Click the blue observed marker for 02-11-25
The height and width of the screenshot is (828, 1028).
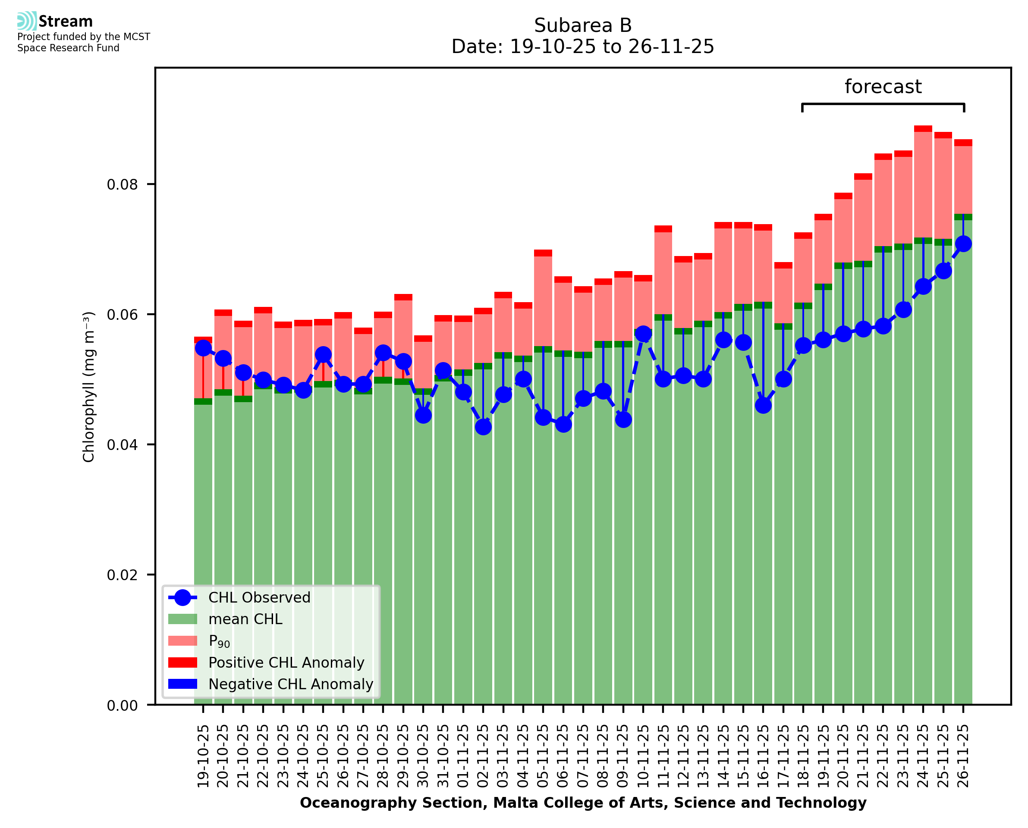(483, 427)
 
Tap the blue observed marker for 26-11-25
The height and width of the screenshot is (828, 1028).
(963, 244)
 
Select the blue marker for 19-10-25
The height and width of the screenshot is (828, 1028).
(203, 348)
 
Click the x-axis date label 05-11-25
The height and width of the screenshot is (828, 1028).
(543, 756)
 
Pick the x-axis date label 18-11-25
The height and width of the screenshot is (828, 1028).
(803, 756)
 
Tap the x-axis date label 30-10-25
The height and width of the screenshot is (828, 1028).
(423, 756)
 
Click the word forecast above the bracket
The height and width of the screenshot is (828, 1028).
(883, 87)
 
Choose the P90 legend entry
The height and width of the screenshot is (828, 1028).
(219, 641)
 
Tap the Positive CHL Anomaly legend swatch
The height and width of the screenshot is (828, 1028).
(183, 662)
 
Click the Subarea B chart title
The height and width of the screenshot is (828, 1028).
(583, 25)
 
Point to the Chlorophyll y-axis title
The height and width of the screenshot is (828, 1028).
(89, 387)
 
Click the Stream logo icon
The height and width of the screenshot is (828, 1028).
(27, 21)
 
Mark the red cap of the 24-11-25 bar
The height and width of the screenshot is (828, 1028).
(923, 129)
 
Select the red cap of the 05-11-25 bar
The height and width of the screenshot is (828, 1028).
(543, 253)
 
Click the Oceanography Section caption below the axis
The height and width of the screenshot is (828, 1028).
(583, 803)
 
